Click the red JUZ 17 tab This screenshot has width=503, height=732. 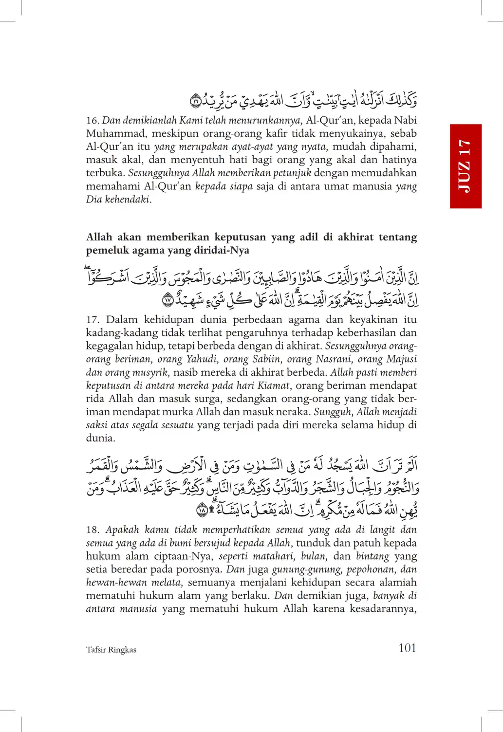coord(466,166)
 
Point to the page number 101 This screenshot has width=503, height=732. coord(407,648)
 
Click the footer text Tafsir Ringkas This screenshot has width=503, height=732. coord(111,650)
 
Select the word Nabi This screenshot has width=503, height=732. coord(405,120)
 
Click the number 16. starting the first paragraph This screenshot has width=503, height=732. coord(93,120)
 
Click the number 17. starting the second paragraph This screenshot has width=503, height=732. coord(93,320)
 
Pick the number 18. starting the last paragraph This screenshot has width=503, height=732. coord(93,530)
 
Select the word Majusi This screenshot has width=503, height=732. coord(402,359)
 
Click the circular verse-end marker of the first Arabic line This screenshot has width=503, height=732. coord(195,102)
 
